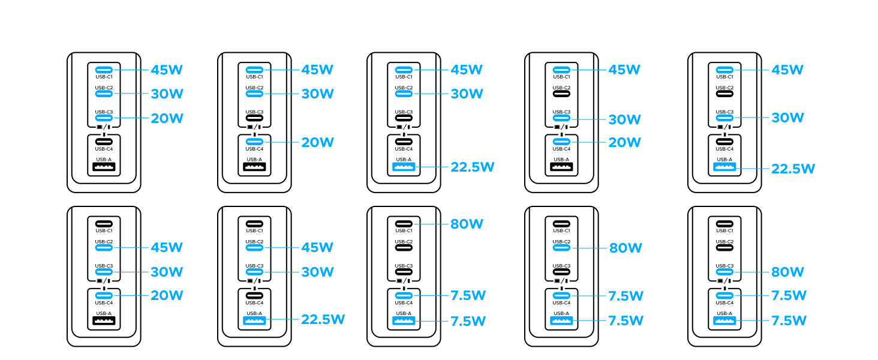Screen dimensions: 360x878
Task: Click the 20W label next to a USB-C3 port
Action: pos(166,118)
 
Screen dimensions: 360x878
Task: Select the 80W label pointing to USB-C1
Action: pos(466,224)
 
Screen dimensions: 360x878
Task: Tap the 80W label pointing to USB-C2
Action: pos(626,248)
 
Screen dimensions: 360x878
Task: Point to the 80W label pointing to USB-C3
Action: pos(787,272)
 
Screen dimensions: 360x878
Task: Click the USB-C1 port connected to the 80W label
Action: pos(404,224)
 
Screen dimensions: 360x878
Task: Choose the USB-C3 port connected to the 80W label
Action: pos(724,272)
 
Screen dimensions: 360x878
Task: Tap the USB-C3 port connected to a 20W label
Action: pos(104,118)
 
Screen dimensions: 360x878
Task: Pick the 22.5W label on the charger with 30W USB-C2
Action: pos(472,167)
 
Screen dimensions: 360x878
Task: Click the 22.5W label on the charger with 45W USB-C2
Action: pos(323,319)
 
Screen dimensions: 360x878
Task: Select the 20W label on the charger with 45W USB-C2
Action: pos(166,295)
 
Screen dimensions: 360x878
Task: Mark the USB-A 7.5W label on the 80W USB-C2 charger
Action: pos(626,320)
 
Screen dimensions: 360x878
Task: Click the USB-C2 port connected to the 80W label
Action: pos(561,247)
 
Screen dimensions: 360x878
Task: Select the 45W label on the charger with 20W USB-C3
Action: pos(166,70)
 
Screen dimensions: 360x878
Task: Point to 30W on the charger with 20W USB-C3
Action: pos(166,94)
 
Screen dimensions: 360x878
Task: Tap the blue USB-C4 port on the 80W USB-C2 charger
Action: pos(561,295)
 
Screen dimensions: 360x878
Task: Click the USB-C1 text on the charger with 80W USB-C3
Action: pos(724,231)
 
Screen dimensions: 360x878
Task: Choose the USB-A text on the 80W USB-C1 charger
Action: pos(404,313)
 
